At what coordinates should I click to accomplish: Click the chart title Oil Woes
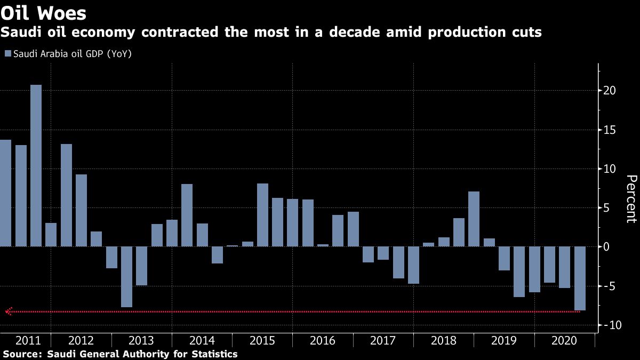(x=44, y=12)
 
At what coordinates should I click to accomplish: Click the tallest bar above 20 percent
(x=36, y=165)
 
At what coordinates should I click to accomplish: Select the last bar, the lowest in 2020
(x=580, y=278)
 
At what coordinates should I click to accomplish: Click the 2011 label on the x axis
(x=26, y=341)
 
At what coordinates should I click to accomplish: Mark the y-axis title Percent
(x=631, y=198)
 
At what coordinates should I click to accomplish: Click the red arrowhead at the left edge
(x=8, y=311)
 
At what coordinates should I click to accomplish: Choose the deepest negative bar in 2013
(x=126, y=277)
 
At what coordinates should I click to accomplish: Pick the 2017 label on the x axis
(x=383, y=341)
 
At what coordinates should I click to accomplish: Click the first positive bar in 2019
(x=489, y=242)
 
